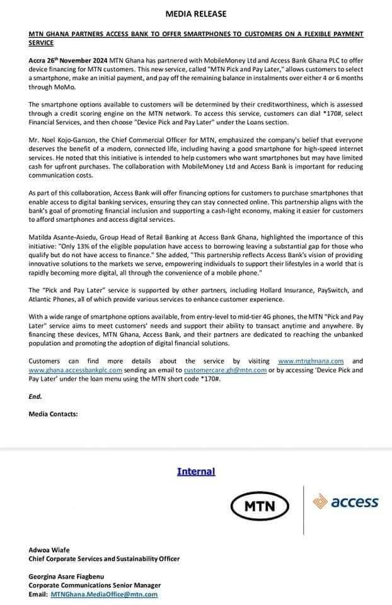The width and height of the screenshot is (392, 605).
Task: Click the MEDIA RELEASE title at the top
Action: click(195, 13)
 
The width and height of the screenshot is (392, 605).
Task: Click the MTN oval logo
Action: click(259, 505)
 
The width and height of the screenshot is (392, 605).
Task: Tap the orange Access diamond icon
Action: click(321, 502)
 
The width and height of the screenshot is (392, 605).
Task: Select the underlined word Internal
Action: click(196, 471)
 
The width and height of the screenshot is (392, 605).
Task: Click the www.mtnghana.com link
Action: click(311, 361)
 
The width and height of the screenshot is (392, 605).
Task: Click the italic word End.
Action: click(35, 396)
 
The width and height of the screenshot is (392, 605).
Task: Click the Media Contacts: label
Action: click(54, 414)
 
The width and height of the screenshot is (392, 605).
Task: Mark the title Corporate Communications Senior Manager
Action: click(95, 585)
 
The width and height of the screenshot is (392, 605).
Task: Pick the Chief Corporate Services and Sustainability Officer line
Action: click(104, 559)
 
